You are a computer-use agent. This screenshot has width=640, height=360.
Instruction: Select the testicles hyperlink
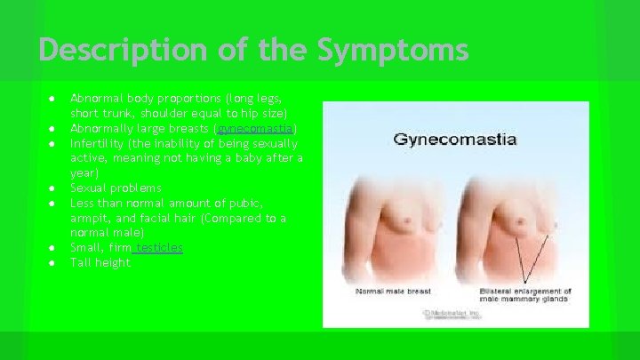pos(160,247)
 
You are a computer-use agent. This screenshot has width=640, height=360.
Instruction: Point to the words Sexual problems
pos(116,188)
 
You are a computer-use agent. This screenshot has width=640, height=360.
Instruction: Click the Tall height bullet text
pos(100,262)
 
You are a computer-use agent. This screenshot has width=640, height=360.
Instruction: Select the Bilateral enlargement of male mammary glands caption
pos(524,296)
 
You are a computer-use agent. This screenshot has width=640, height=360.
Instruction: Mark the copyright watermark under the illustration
pos(454,314)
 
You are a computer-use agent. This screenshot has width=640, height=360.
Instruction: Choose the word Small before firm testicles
pos(87,247)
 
